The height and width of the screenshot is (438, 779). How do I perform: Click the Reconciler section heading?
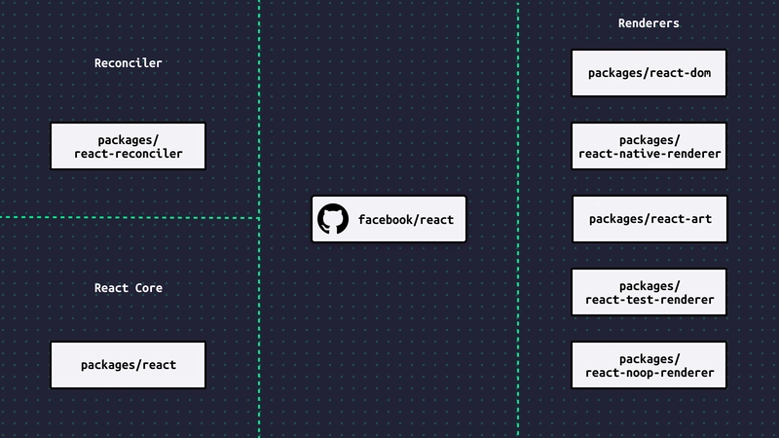click(129, 63)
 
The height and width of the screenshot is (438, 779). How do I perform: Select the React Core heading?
click(129, 288)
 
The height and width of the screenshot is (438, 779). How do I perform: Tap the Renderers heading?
click(649, 23)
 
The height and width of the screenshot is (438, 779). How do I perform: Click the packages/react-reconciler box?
click(129, 146)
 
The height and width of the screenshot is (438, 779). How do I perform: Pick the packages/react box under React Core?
click(129, 365)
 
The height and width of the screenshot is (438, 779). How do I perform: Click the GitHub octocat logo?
click(333, 218)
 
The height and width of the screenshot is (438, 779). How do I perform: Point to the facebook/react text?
click(406, 220)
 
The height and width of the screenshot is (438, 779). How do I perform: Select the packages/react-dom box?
click(649, 73)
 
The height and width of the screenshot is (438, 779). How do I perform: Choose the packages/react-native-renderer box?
click(649, 146)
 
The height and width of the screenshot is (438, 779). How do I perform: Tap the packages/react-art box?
click(649, 219)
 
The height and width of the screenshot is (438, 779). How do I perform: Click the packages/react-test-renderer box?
click(649, 292)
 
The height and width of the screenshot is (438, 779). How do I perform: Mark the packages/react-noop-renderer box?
click(649, 365)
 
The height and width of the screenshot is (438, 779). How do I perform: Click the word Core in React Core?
click(149, 288)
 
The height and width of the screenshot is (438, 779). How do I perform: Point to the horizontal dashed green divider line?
click(130, 217)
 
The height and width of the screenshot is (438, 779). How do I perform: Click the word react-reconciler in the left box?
click(129, 154)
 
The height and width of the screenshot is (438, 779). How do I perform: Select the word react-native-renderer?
click(649, 154)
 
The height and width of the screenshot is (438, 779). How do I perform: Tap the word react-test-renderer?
click(649, 300)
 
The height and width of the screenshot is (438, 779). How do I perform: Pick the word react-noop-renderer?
click(649, 373)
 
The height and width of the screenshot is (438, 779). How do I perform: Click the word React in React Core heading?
click(111, 288)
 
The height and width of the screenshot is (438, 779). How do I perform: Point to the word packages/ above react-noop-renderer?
click(649, 359)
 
